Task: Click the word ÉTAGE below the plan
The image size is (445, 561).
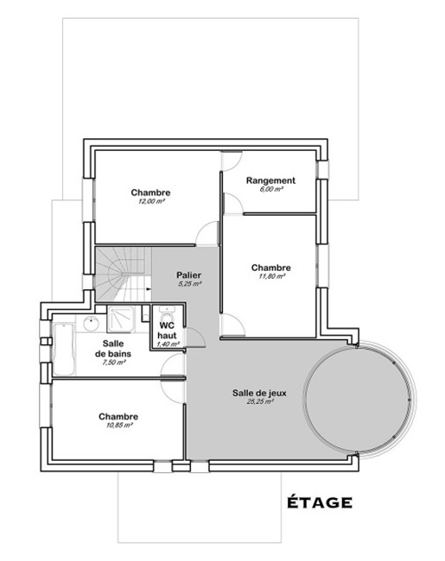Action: (x=319, y=501)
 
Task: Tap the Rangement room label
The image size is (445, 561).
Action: (x=270, y=180)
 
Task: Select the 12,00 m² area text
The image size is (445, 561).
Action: (x=151, y=201)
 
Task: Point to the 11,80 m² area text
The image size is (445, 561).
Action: (x=271, y=276)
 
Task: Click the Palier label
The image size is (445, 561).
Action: (x=189, y=275)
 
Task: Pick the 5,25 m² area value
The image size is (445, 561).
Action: (x=189, y=284)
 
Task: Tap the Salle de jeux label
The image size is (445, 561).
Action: (x=259, y=394)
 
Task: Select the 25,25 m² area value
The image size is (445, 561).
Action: (x=260, y=401)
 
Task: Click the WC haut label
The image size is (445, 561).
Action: (x=167, y=331)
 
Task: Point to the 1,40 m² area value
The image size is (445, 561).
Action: (x=168, y=344)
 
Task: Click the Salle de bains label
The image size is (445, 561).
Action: (x=113, y=349)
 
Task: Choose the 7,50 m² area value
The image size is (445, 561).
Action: (x=114, y=362)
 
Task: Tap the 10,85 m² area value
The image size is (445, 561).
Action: (x=119, y=425)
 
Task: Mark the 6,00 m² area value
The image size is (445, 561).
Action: (x=271, y=189)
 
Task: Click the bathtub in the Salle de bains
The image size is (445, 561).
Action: (x=64, y=349)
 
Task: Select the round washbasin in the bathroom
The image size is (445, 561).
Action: (x=92, y=323)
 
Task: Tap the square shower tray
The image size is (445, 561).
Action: (x=121, y=319)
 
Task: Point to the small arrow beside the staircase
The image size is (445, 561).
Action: (x=148, y=287)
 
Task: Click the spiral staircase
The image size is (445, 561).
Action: (x=123, y=274)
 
